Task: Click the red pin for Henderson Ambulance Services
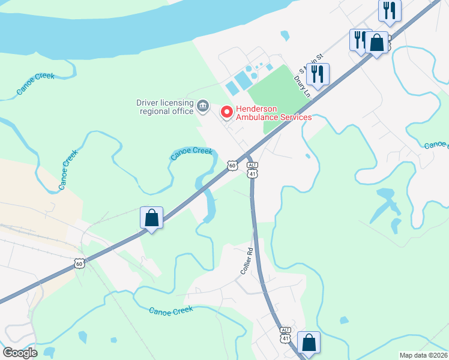point(226,111)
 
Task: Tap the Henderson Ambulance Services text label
point(274,113)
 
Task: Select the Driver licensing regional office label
point(164,106)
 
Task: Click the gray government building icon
point(203,107)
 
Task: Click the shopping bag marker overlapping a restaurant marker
point(377,43)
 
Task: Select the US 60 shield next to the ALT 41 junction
point(232,164)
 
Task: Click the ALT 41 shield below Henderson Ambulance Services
point(253,169)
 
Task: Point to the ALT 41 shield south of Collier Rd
point(285,335)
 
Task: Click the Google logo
point(20,353)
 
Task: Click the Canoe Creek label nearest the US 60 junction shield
point(191,153)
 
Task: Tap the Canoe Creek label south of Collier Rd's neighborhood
point(170,310)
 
